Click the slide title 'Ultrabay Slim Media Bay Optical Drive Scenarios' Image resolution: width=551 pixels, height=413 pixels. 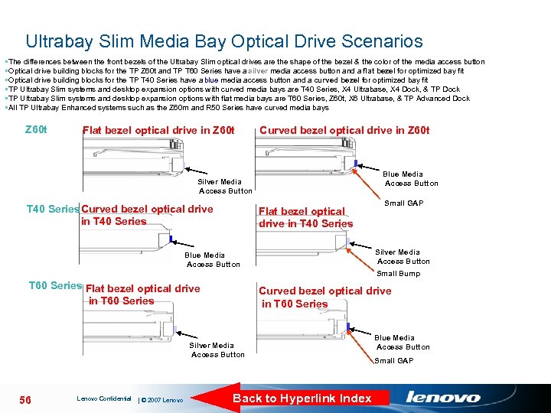(223, 41)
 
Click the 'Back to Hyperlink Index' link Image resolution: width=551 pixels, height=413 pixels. (302, 398)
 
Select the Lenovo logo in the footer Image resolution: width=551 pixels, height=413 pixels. (443, 398)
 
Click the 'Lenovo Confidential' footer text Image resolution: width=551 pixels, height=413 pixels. (104, 398)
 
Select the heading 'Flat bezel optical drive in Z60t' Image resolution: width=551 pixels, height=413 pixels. (157, 130)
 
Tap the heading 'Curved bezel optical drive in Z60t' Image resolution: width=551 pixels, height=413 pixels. (344, 130)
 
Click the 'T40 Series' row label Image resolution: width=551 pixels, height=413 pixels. (52, 209)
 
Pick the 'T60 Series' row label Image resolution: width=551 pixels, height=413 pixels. (54, 285)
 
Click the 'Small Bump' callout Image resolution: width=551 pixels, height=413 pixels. (398, 273)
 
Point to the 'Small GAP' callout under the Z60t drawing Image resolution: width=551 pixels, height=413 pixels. (403, 203)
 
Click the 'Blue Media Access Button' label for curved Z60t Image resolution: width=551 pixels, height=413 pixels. (411, 179)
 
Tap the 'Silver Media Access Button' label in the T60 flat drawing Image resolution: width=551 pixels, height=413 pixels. (217, 350)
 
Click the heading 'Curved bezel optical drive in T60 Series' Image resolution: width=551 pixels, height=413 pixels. (324, 297)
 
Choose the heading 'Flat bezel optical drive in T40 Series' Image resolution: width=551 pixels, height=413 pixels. (305, 217)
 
